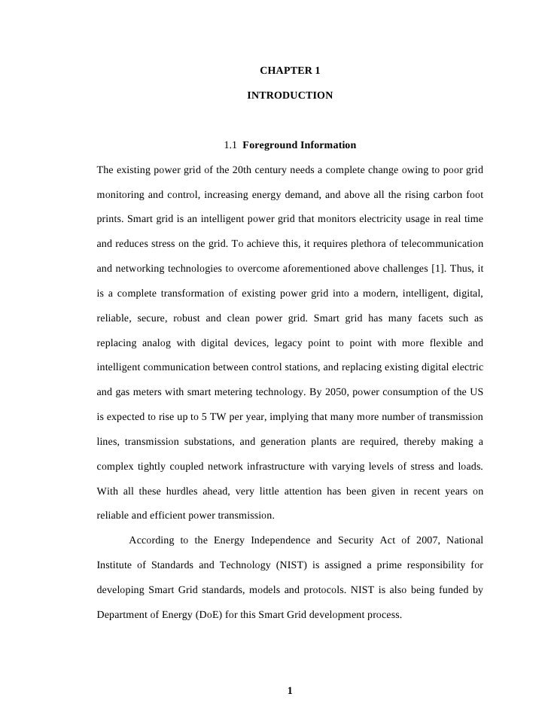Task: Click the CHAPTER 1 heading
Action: (290, 71)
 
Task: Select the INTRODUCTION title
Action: (290, 96)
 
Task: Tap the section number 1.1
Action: (230, 145)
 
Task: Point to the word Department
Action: (123, 614)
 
